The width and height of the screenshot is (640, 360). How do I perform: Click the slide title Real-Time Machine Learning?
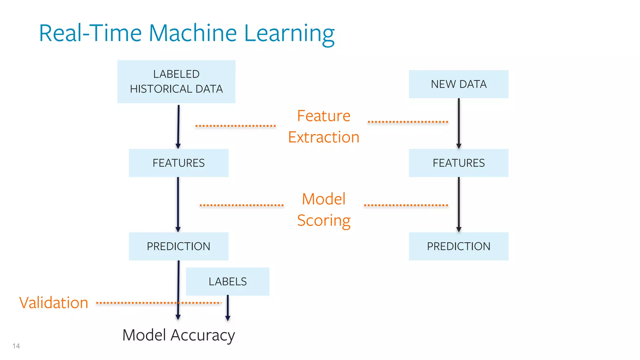tap(187, 33)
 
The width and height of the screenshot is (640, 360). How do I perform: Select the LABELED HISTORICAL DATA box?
tap(176, 82)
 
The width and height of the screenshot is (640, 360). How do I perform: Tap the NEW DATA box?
tap(458, 84)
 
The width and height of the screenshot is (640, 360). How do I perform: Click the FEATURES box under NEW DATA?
tap(458, 163)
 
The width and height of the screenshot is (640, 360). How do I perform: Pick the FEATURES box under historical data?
tap(178, 163)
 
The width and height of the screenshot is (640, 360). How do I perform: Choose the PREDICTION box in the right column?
tap(458, 246)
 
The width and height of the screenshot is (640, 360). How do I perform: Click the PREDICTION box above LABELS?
tap(178, 246)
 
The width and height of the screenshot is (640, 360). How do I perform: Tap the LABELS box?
tap(227, 281)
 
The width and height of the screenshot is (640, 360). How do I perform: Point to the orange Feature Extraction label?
tap(324, 126)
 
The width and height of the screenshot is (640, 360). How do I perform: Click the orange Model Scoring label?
tap(324, 210)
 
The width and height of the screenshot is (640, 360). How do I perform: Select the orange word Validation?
tap(54, 302)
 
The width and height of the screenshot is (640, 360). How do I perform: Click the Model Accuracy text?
tap(178, 335)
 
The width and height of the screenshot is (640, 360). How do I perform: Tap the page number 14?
tap(16, 346)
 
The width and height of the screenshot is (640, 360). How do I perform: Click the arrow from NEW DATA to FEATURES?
tap(458, 123)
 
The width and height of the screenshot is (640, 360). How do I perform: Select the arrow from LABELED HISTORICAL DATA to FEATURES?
tap(178, 127)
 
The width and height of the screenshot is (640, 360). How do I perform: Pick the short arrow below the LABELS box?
tap(227, 308)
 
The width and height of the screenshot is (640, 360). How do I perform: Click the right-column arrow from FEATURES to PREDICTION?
tap(458, 205)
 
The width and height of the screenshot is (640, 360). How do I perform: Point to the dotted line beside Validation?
tap(158, 302)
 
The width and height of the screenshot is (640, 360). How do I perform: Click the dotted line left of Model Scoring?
tap(242, 205)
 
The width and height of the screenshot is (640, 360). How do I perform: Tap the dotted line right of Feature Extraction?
tap(408, 122)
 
